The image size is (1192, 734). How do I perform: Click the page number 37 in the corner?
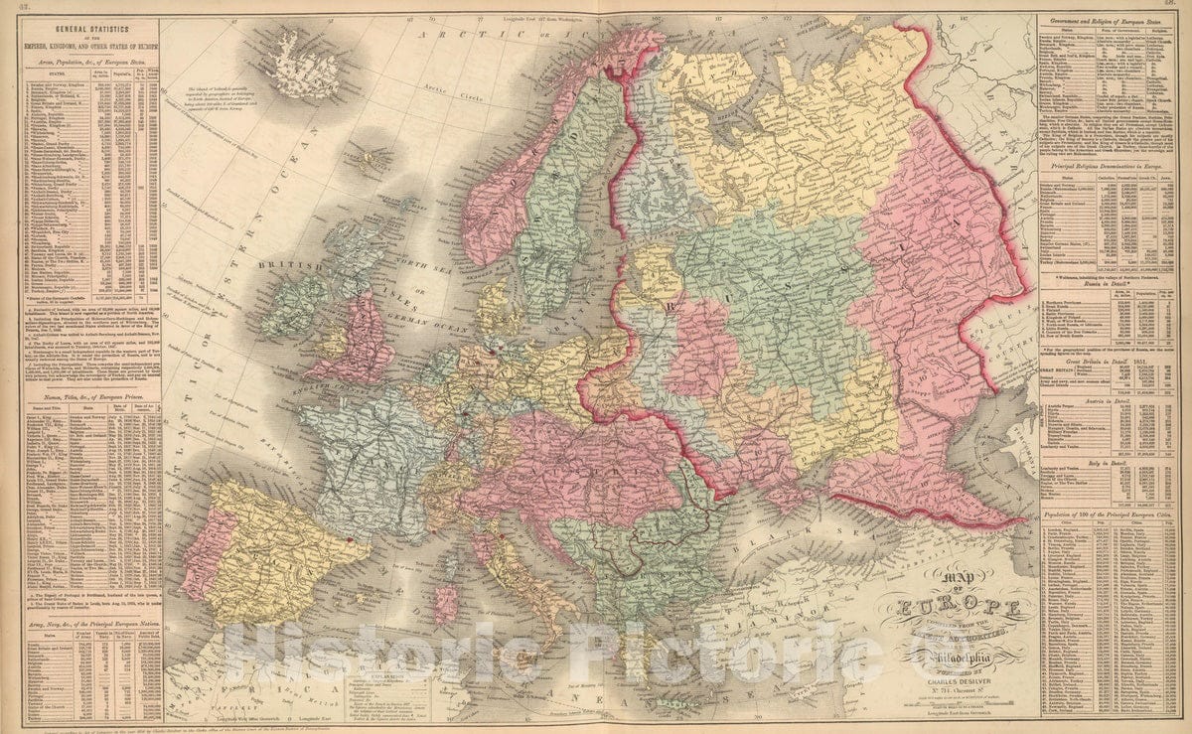click(x=8, y=6)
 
